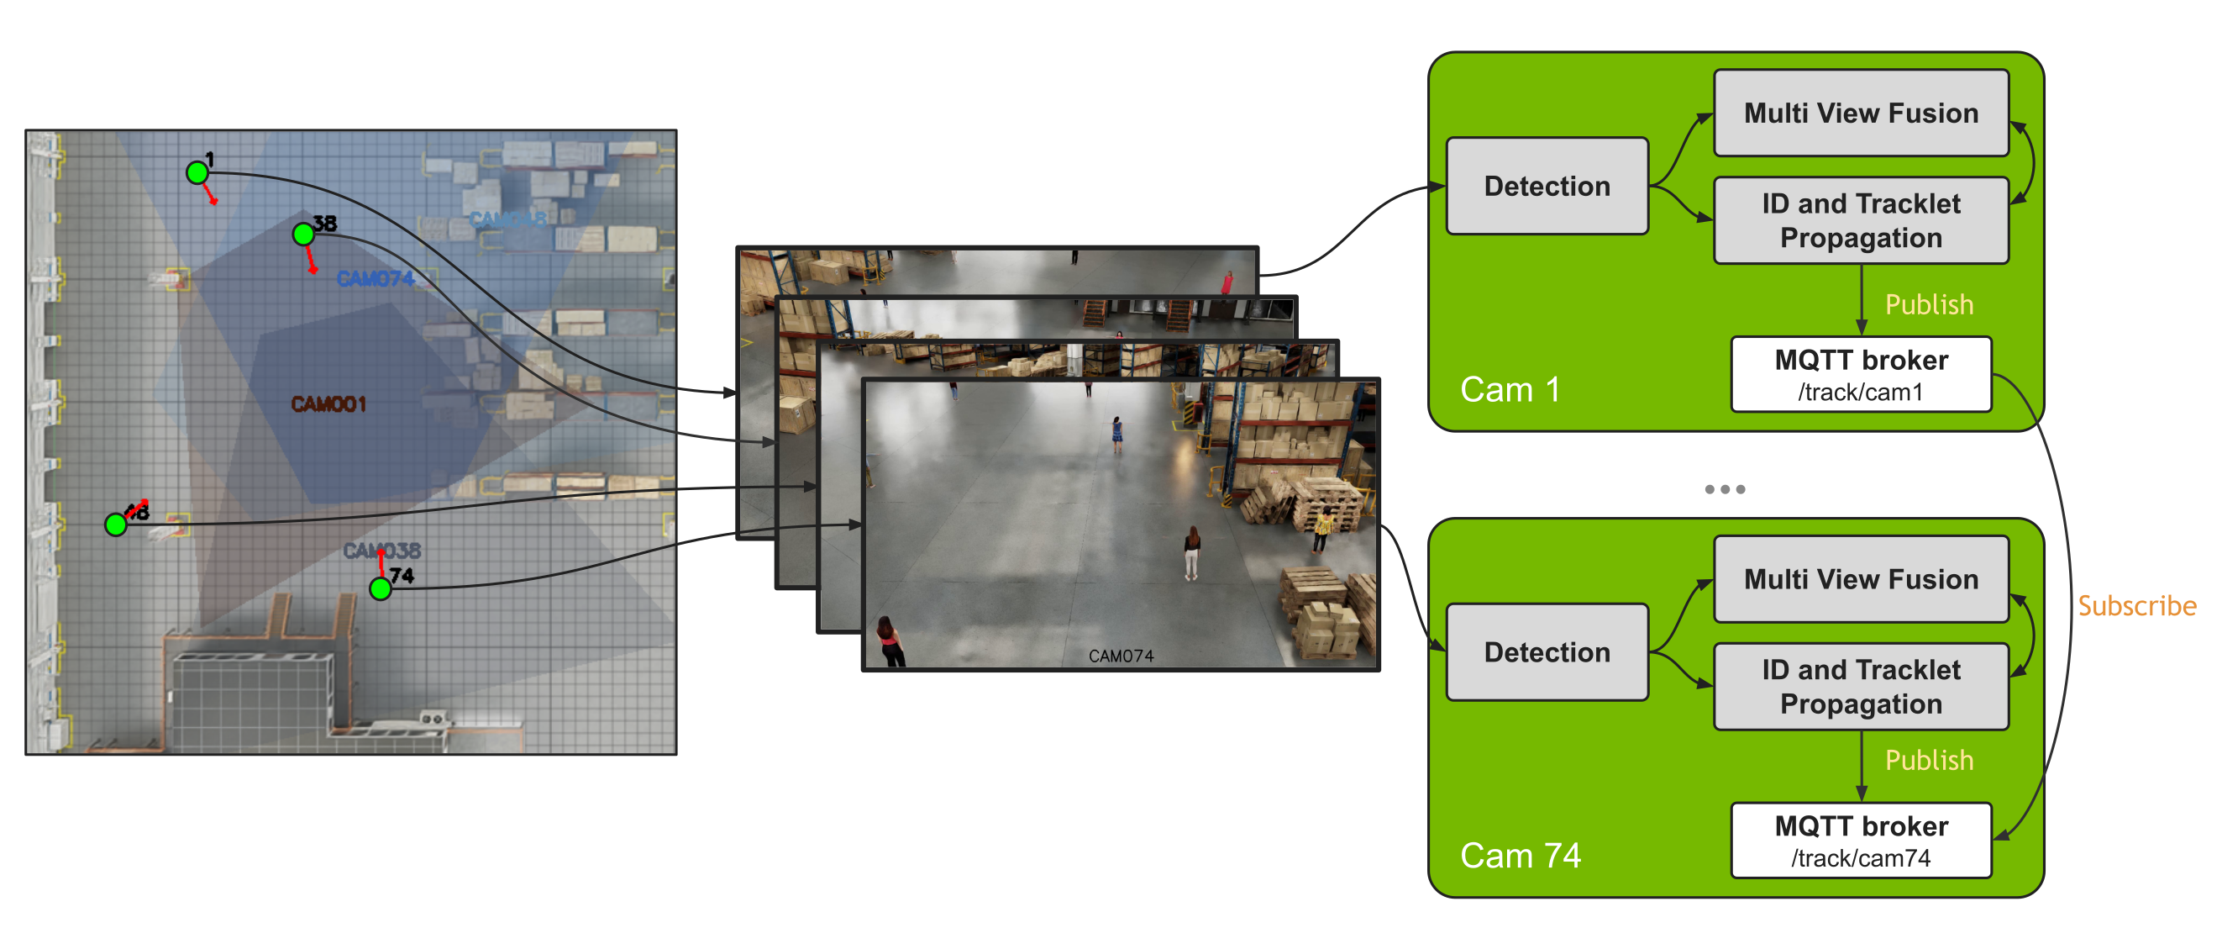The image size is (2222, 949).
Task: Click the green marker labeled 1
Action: pos(197,172)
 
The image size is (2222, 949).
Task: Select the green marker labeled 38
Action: pos(302,234)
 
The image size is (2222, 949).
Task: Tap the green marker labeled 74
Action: pos(381,588)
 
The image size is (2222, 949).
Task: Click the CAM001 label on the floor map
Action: pos(328,403)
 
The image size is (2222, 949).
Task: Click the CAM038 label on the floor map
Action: pos(381,550)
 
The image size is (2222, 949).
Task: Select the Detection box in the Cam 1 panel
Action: pos(1547,187)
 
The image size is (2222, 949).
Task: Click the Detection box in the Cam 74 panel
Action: pos(1547,652)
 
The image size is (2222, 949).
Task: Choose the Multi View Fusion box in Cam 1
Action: pos(1861,113)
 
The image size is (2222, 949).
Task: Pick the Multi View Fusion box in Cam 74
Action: pos(1861,579)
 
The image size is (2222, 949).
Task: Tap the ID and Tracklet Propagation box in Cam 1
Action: pos(1861,221)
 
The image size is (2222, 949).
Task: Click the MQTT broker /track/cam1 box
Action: pos(1861,374)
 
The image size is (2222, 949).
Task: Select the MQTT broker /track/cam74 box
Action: pos(1861,841)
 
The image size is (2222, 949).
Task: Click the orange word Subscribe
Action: pos(2136,606)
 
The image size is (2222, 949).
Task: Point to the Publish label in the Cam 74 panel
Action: pos(1929,760)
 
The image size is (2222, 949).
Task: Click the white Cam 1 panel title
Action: pos(1510,390)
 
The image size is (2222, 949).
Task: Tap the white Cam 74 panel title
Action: pos(1520,856)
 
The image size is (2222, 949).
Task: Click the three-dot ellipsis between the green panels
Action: pos(1725,489)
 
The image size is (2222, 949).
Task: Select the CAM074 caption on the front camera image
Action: pos(1121,656)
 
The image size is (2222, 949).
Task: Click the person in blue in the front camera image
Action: pos(1117,434)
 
